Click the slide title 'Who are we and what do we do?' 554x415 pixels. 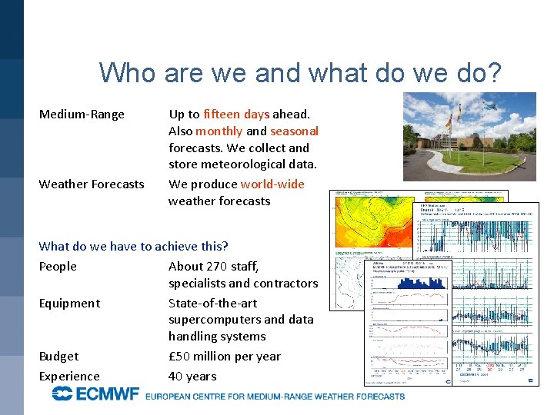[300, 73]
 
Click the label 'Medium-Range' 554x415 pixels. [82, 115]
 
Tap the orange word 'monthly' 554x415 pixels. [219, 131]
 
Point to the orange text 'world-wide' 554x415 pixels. [272, 184]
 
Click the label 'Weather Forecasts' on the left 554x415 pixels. [92, 184]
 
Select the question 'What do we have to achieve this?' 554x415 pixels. [133, 247]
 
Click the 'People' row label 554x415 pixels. [58, 267]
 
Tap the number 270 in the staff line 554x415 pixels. [219, 267]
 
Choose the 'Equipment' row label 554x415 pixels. [69, 304]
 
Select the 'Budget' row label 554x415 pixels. [58, 357]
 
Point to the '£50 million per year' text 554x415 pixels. [225, 357]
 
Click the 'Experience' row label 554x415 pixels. [69, 377]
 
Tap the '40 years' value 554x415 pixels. [192, 377]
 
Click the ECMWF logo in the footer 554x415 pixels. [95, 395]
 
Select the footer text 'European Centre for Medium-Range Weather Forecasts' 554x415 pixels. [275, 397]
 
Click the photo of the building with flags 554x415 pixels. [469, 137]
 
